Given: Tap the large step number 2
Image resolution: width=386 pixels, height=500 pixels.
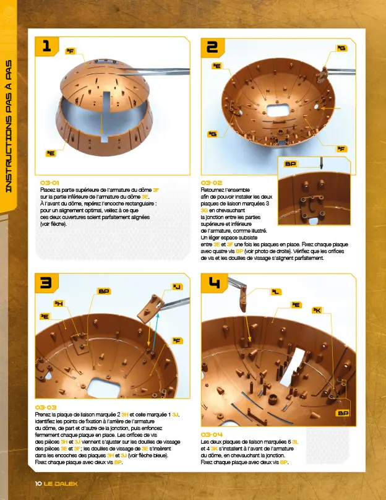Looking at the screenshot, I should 212,47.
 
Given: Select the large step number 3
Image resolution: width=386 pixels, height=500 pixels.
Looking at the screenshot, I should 46,283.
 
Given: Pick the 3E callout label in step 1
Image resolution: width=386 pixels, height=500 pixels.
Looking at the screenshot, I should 51,152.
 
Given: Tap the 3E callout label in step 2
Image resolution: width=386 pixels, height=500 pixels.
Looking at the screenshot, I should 217,65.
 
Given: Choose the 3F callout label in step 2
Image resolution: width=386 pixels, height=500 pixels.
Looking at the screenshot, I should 341,149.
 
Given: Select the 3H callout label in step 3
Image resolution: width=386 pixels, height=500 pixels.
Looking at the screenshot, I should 59,303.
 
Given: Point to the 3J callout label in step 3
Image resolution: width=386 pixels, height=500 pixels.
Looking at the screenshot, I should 178,286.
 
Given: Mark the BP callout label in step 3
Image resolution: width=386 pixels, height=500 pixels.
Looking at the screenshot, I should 103,290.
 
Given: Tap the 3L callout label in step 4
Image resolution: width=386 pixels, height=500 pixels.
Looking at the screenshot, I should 277,291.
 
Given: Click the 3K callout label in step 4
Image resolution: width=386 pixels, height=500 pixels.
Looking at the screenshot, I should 317,311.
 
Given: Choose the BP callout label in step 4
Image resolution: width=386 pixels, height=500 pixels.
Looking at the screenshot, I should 343,413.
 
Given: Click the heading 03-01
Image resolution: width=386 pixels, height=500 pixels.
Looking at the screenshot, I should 49,183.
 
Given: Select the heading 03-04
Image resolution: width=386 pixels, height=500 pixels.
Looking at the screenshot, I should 212,435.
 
